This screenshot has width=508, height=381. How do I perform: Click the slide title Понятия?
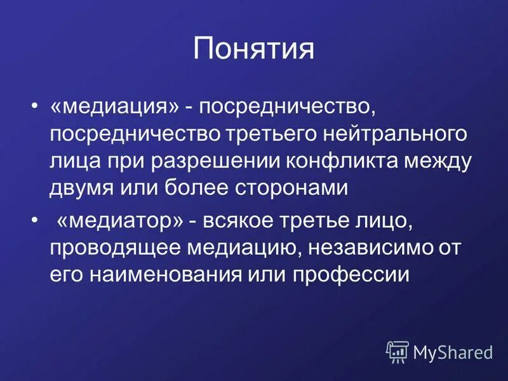tap(253, 49)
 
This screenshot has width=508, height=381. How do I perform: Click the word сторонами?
tap(293, 188)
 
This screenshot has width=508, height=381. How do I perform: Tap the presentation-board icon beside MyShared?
tap(398, 351)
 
